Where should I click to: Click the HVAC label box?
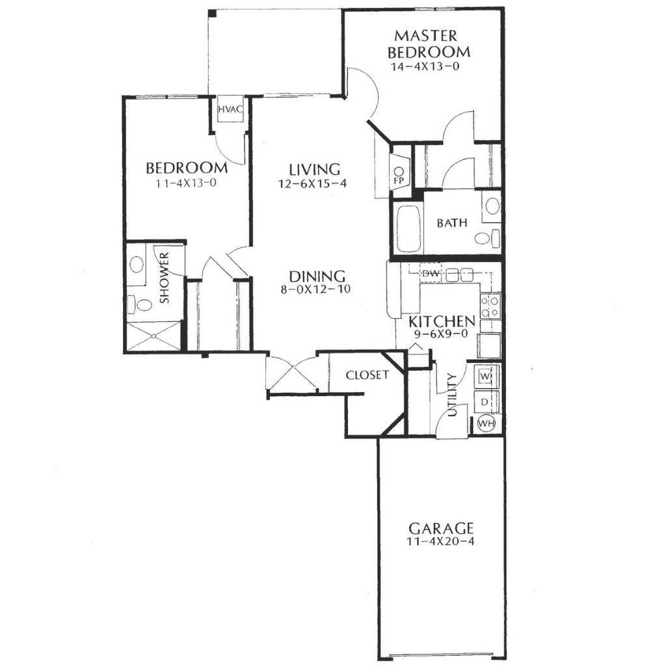[x=230, y=109]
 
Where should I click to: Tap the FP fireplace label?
[x=399, y=181]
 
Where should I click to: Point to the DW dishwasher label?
[x=431, y=274]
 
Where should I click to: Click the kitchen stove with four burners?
[x=490, y=306]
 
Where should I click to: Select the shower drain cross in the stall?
[x=153, y=336]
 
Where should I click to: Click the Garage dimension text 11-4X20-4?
[x=440, y=542]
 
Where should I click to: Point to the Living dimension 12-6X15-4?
[x=313, y=184]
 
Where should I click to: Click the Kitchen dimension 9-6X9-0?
[x=441, y=334]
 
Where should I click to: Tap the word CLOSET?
[x=367, y=375]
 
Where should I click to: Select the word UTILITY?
[x=453, y=395]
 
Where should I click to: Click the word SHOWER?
[x=164, y=278]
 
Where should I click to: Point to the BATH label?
[x=452, y=222]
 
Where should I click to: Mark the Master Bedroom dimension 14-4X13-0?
[x=425, y=66]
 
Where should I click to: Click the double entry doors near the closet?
[x=291, y=374]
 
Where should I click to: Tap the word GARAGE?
[x=441, y=529]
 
